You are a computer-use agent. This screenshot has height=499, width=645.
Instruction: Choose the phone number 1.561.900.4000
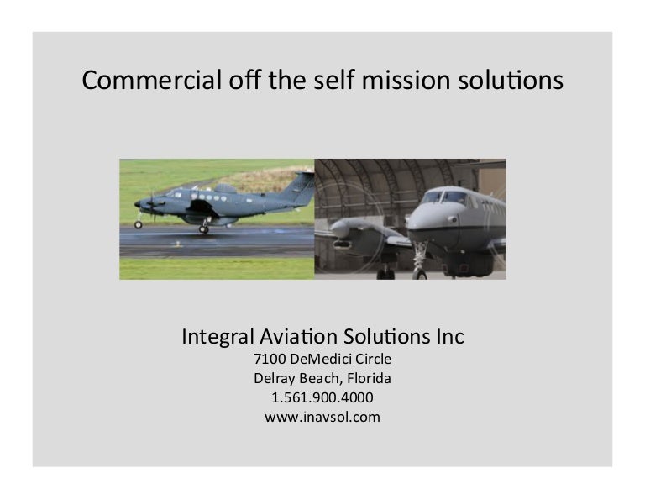tap(322, 397)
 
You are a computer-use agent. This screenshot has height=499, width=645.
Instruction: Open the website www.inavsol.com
tap(322, 415)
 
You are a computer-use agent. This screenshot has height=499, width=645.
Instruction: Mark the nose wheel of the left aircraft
tap(139, 225)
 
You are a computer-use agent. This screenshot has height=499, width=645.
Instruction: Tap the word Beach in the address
tap(316, 378)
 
